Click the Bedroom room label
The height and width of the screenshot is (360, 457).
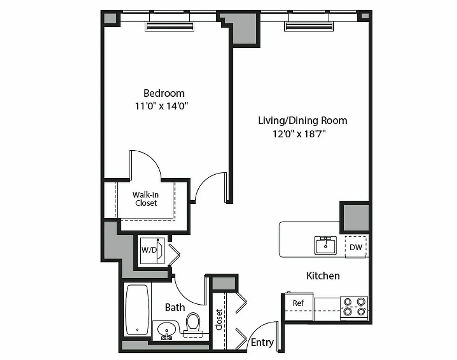coord(164,93)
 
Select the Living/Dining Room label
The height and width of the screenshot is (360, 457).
coord(302,121)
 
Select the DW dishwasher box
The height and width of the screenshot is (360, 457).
coord(356,247)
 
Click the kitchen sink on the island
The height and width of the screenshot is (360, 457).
coord(325,245)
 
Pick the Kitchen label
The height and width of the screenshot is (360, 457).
coord(323,276)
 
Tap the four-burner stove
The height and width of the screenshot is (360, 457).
coord(354,306)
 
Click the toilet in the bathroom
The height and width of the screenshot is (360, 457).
coord(193,323)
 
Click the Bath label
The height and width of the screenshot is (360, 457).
coord(175,308)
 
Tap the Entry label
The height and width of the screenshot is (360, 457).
coord(262,342)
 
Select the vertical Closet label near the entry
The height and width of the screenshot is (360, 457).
coord(219,319)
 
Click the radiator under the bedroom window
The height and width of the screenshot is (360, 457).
coord(169,27)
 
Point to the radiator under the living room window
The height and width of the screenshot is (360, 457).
coord(309,27)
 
